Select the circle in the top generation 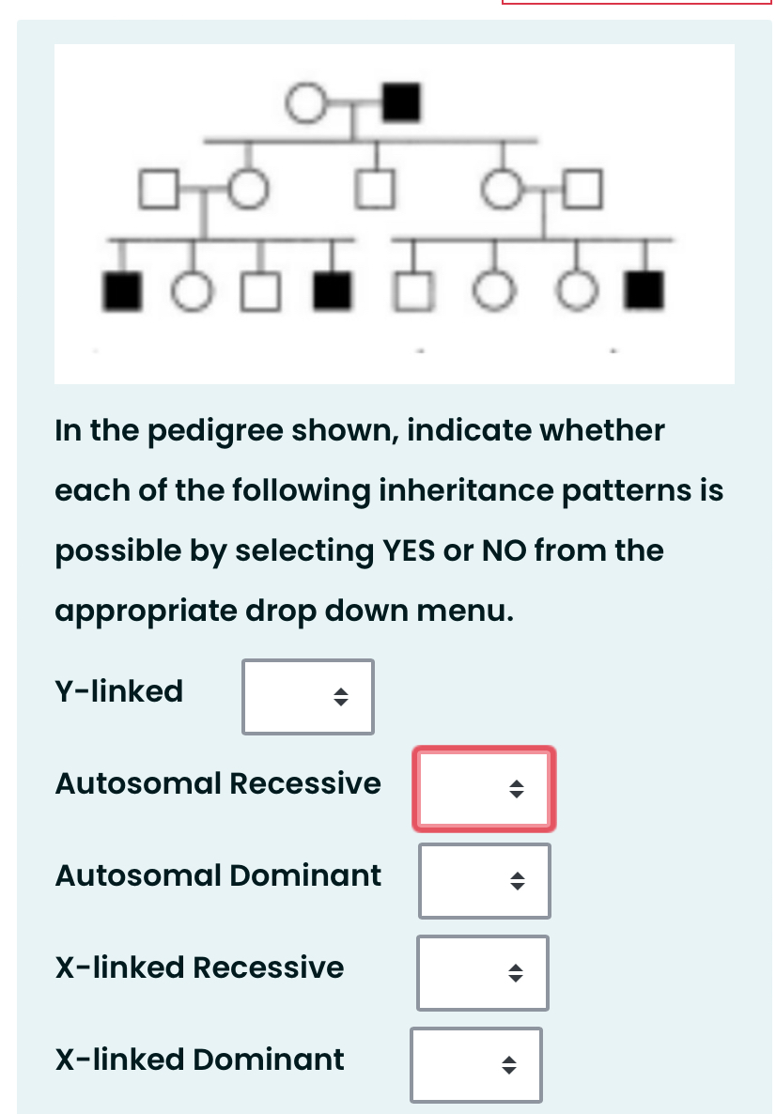point(305,102)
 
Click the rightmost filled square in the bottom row point(645,291)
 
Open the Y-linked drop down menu point(308,697)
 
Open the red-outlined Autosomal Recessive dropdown point(484,789)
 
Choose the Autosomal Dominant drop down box point(484,881)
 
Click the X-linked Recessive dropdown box point(483,973)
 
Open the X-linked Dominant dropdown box point(476,1065)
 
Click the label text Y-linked point(119,691)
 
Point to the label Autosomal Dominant point(218,875)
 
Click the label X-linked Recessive point(199,967)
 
